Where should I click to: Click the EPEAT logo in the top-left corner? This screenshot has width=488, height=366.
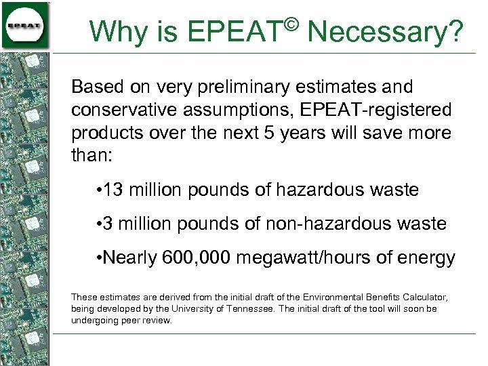click(x=25, y=25)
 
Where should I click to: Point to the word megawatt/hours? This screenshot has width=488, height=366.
click(x=319, y=258)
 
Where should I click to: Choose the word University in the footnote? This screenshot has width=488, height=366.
click(x=197, y=308)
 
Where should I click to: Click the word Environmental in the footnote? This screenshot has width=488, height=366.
click(x=334, y=297)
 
